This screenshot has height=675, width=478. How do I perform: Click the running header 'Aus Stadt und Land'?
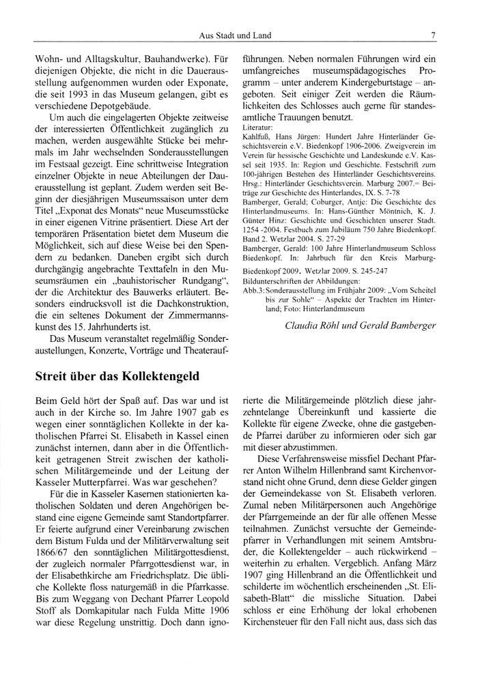[x=235, y=35]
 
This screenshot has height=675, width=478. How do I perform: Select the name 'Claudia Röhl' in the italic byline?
[x=316, y=326]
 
